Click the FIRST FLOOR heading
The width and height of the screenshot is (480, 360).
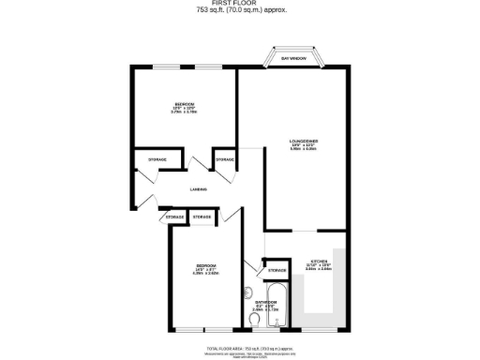coord(241,4)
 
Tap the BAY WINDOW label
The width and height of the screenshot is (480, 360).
coord(293,59)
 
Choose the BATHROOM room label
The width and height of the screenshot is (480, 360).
coord(264,300)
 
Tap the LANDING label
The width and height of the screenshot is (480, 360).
coord(198,189)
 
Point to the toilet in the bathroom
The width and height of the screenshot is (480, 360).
coord(255,321)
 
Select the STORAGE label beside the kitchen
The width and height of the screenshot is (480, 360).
coord(277,271)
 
